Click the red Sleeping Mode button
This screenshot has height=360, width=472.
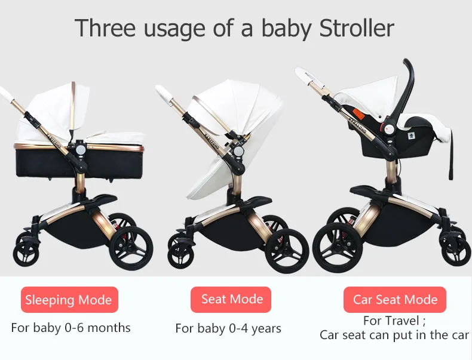69,300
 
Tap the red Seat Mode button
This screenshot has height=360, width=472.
231,299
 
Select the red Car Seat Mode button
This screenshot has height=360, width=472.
395,300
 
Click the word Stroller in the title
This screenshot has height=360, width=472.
357,28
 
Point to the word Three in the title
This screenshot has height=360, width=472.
105,28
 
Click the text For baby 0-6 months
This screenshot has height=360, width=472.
71,328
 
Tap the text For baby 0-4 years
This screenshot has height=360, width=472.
228,328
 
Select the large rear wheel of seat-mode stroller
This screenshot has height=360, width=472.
287,251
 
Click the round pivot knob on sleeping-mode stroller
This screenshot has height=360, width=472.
81,150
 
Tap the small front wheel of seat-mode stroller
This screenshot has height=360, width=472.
179,255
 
